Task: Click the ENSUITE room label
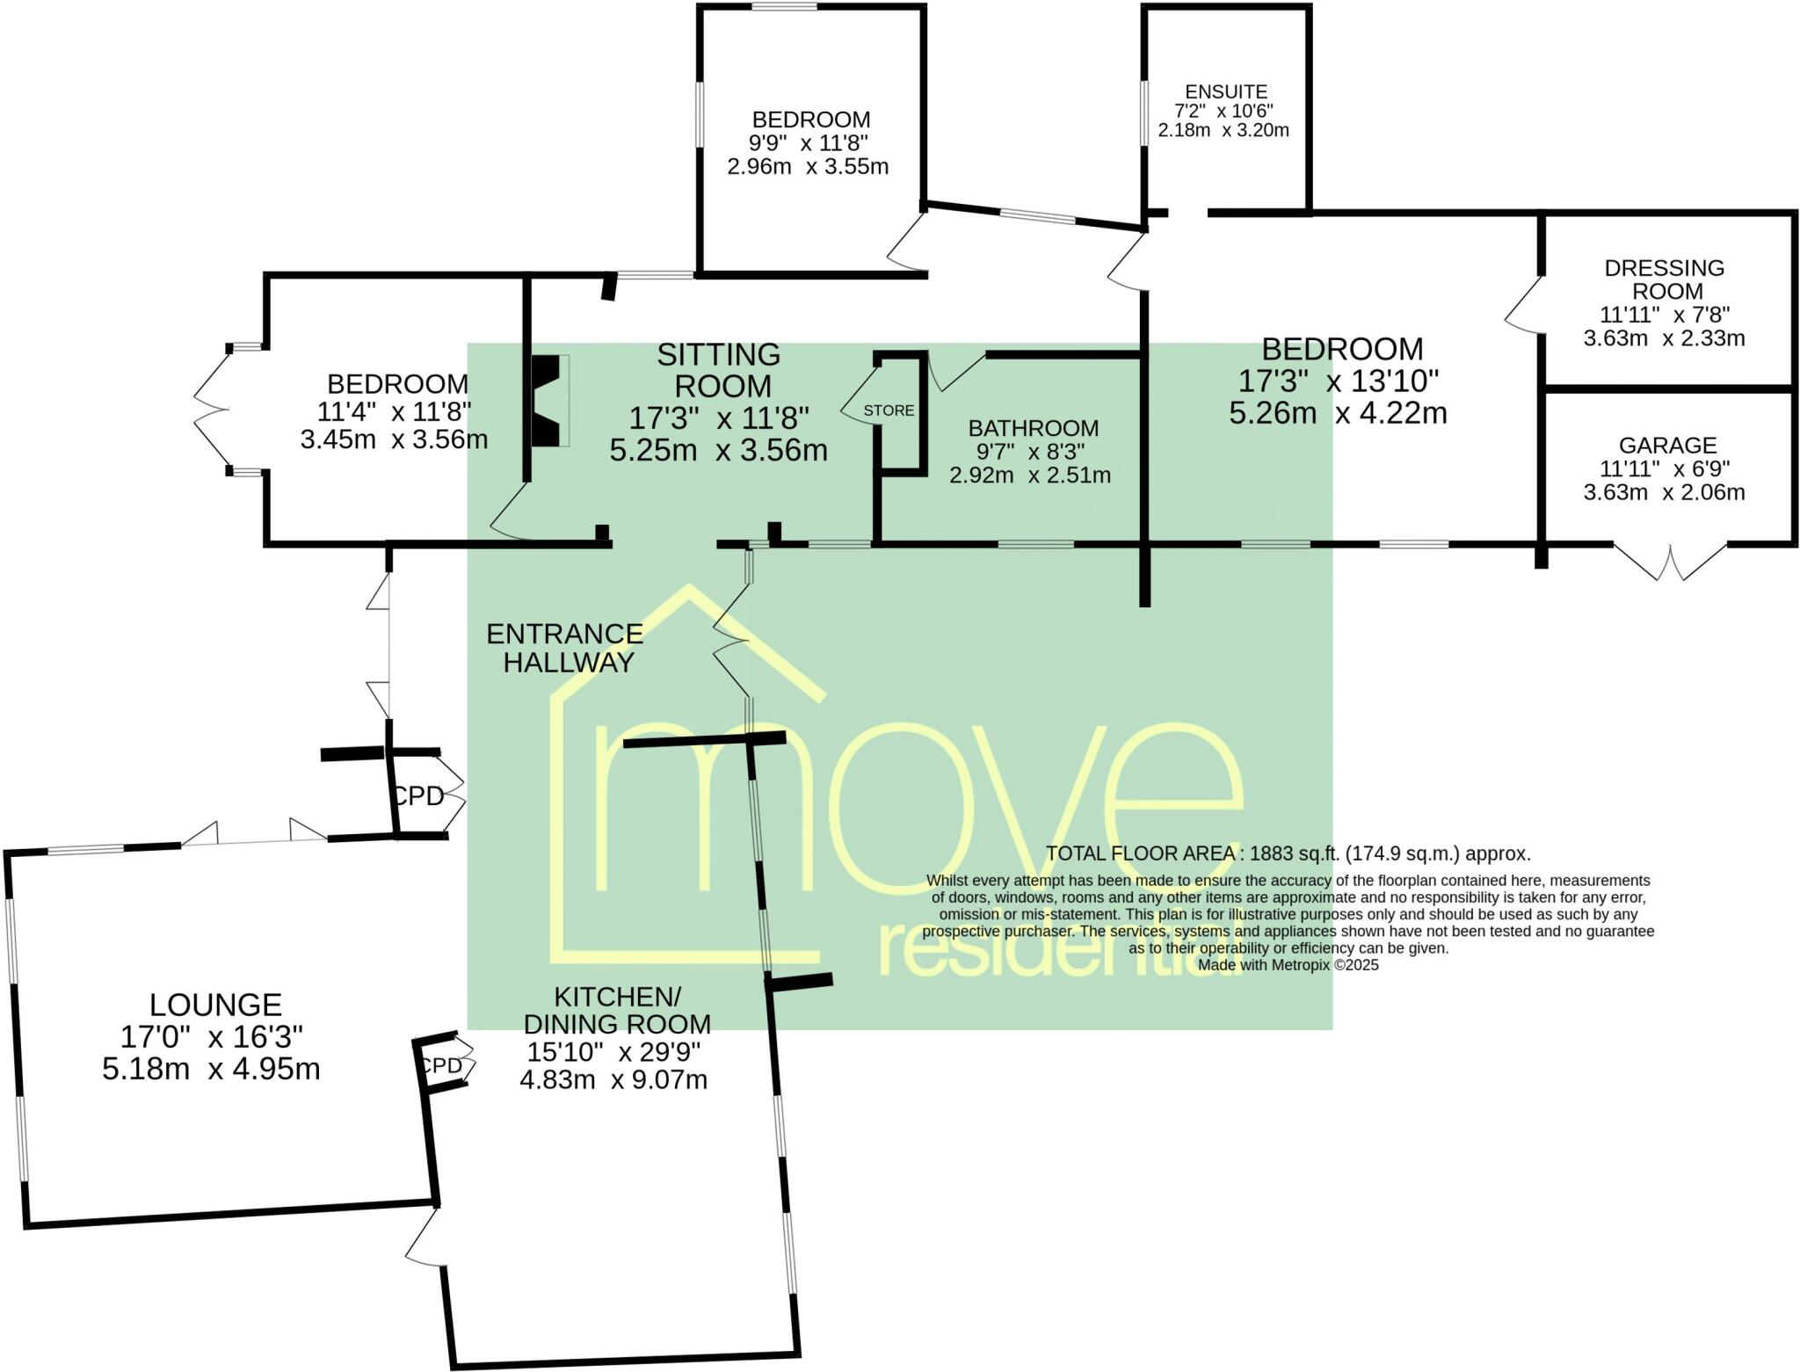(x=1225, y=91)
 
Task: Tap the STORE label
(x=889, y=410)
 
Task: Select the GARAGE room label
(x=1667, y=446)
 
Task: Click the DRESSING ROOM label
(x=1664, y=279)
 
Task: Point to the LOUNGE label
(x=215, y=1005)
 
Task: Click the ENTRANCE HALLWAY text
(x=565, y=648)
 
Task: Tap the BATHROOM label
(x=1033, y=428)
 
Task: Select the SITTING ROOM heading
(x=720, y=370)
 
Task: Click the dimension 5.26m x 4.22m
(x=1338, y=413)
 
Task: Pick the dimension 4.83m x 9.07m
(x=613, y=1079)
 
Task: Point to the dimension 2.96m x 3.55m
(x=808, y=166)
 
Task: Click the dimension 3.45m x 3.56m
(x=394, y=439)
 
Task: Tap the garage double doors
(x=1670, y=563)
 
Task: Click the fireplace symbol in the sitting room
(x=547, y=401)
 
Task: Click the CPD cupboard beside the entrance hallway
(x=418, y=796)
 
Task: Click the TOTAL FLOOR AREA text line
(x=1288, y=853)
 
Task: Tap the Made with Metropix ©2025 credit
(x=1288, y=965)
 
